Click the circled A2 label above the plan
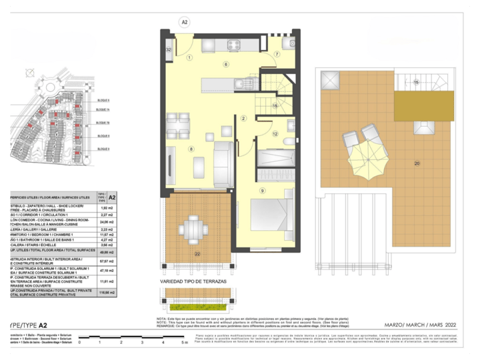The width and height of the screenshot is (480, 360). (185, 22)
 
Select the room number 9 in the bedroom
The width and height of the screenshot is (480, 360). (262, 191)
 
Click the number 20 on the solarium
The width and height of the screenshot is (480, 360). (417, 163)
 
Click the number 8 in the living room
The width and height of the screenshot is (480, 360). (191, 149)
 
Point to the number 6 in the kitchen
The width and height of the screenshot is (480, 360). (226, 64)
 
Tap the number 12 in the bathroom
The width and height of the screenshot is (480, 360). (275, 133)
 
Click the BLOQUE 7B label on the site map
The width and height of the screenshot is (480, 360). (102, 123)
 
